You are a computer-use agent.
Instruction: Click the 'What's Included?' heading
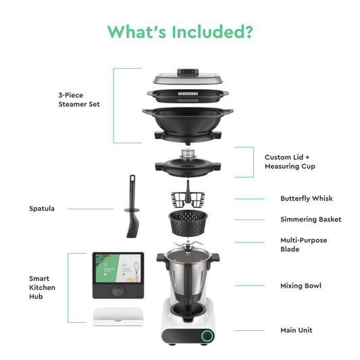point(180,32)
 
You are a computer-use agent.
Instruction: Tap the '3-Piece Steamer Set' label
point(79,100)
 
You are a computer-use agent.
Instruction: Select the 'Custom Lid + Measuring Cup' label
point(290,161)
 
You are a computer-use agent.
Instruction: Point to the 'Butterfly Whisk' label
point(306,199)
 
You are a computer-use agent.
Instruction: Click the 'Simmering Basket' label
point(311,220)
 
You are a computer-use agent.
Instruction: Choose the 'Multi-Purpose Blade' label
point(304,245)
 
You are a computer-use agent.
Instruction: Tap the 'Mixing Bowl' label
point(301,286)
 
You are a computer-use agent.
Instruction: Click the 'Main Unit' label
point(297,330)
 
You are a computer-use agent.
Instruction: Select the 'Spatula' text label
point(42,209)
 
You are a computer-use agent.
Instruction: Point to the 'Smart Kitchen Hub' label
point(43,288)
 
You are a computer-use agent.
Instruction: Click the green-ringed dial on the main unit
point(207,336)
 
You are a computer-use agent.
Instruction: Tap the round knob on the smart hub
point(118,292)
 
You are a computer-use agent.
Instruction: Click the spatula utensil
point(132,207)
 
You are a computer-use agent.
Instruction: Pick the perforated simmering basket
point(188,223)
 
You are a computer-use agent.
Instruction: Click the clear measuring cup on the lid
point(188,154)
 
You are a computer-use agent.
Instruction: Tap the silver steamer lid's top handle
point(188,72)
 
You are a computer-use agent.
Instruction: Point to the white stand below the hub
point(118,317)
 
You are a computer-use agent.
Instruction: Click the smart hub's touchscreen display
point(118,268)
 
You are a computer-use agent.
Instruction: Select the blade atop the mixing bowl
point(188,244)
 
